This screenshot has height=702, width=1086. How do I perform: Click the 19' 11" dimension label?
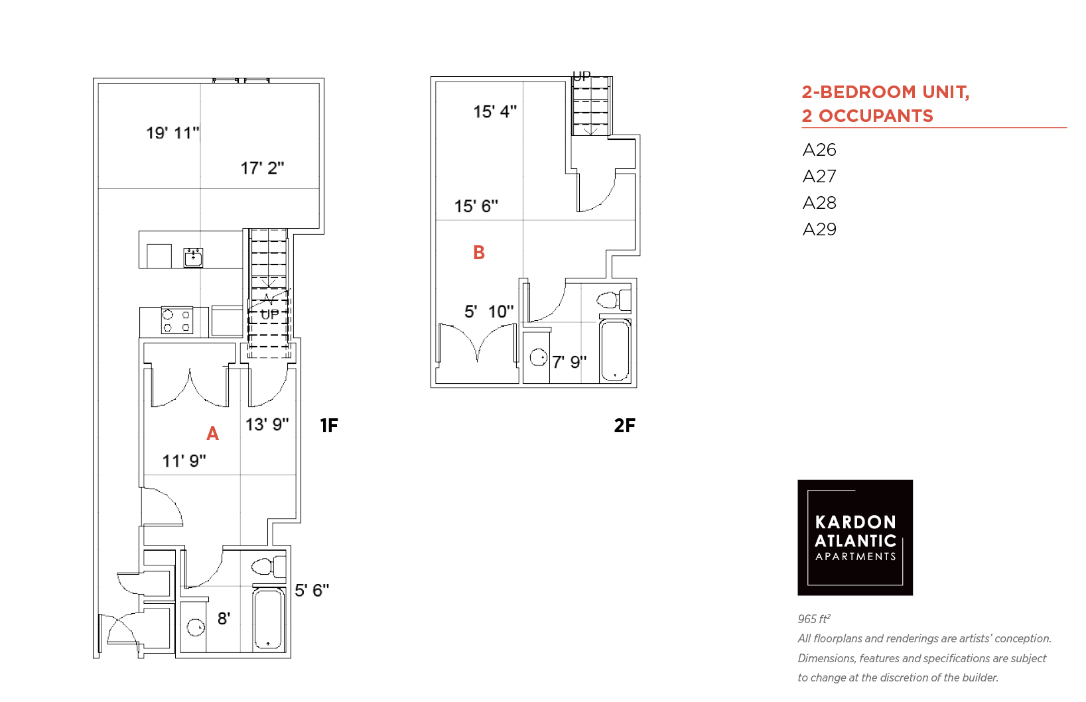point(172,133)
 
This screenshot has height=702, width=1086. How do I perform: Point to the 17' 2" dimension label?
point(262,168)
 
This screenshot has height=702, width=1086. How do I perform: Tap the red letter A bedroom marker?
point(212,434)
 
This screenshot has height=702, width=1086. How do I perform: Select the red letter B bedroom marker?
point(478,253)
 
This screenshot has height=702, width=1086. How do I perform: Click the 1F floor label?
point(328,426)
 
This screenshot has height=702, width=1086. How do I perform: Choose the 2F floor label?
point(624,426)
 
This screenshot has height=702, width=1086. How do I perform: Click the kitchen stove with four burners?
point(176,320)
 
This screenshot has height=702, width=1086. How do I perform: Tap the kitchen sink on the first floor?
point(193,258)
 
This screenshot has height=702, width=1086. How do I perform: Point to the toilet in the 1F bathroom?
point(269,567)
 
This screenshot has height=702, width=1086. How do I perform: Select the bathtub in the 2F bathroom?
point(615,350)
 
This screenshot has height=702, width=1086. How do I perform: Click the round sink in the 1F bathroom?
point(196,627)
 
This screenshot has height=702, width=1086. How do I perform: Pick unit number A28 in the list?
point(819,202)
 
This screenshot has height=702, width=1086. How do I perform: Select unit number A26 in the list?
point(819,150)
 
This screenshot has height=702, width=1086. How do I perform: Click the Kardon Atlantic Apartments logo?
point(855,538)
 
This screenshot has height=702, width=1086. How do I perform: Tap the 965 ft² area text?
point(814,619)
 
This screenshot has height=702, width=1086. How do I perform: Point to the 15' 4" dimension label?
point(495,112)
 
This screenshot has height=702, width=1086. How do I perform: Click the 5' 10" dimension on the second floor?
point(489,312)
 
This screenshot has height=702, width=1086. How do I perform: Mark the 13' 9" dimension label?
point(267,424)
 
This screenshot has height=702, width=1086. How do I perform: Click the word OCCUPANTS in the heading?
point(876,116)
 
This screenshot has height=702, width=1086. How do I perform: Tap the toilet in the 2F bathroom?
point(614,300)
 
